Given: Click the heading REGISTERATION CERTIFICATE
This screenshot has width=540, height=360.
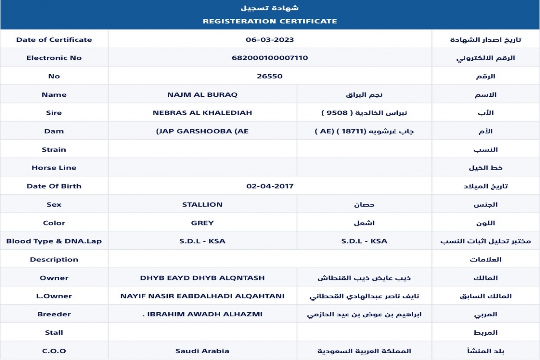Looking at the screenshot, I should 270,21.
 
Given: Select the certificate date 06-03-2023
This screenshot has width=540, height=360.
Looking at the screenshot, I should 270,40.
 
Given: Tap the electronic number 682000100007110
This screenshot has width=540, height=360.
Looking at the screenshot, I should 270,58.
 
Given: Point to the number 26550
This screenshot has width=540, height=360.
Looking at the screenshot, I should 270,76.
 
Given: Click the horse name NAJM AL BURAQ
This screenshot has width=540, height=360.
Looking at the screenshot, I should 202,94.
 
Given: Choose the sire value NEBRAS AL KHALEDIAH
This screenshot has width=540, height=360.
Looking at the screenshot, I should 202,113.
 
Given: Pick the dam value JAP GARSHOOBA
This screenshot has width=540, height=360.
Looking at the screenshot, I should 202,131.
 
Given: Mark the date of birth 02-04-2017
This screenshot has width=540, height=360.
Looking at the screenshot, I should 270,186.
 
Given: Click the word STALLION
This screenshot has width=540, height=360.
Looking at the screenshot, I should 202,205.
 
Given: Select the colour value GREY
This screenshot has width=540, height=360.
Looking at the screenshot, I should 202,223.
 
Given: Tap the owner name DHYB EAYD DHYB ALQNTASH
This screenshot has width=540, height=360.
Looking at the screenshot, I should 202,278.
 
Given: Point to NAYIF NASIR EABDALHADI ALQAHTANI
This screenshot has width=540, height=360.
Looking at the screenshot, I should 202,296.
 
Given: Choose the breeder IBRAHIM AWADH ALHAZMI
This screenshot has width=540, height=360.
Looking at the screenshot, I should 203,315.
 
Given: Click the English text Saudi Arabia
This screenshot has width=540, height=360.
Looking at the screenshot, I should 202,351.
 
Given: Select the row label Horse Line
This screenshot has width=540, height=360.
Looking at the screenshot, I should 54,168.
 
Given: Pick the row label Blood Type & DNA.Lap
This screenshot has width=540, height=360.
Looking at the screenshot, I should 54,241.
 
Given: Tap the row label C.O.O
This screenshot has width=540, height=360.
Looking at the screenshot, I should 54,351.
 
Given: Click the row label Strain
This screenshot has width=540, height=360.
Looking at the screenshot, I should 54,149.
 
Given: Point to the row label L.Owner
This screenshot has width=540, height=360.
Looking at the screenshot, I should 54,296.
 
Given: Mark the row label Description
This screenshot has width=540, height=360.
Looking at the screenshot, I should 54,260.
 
